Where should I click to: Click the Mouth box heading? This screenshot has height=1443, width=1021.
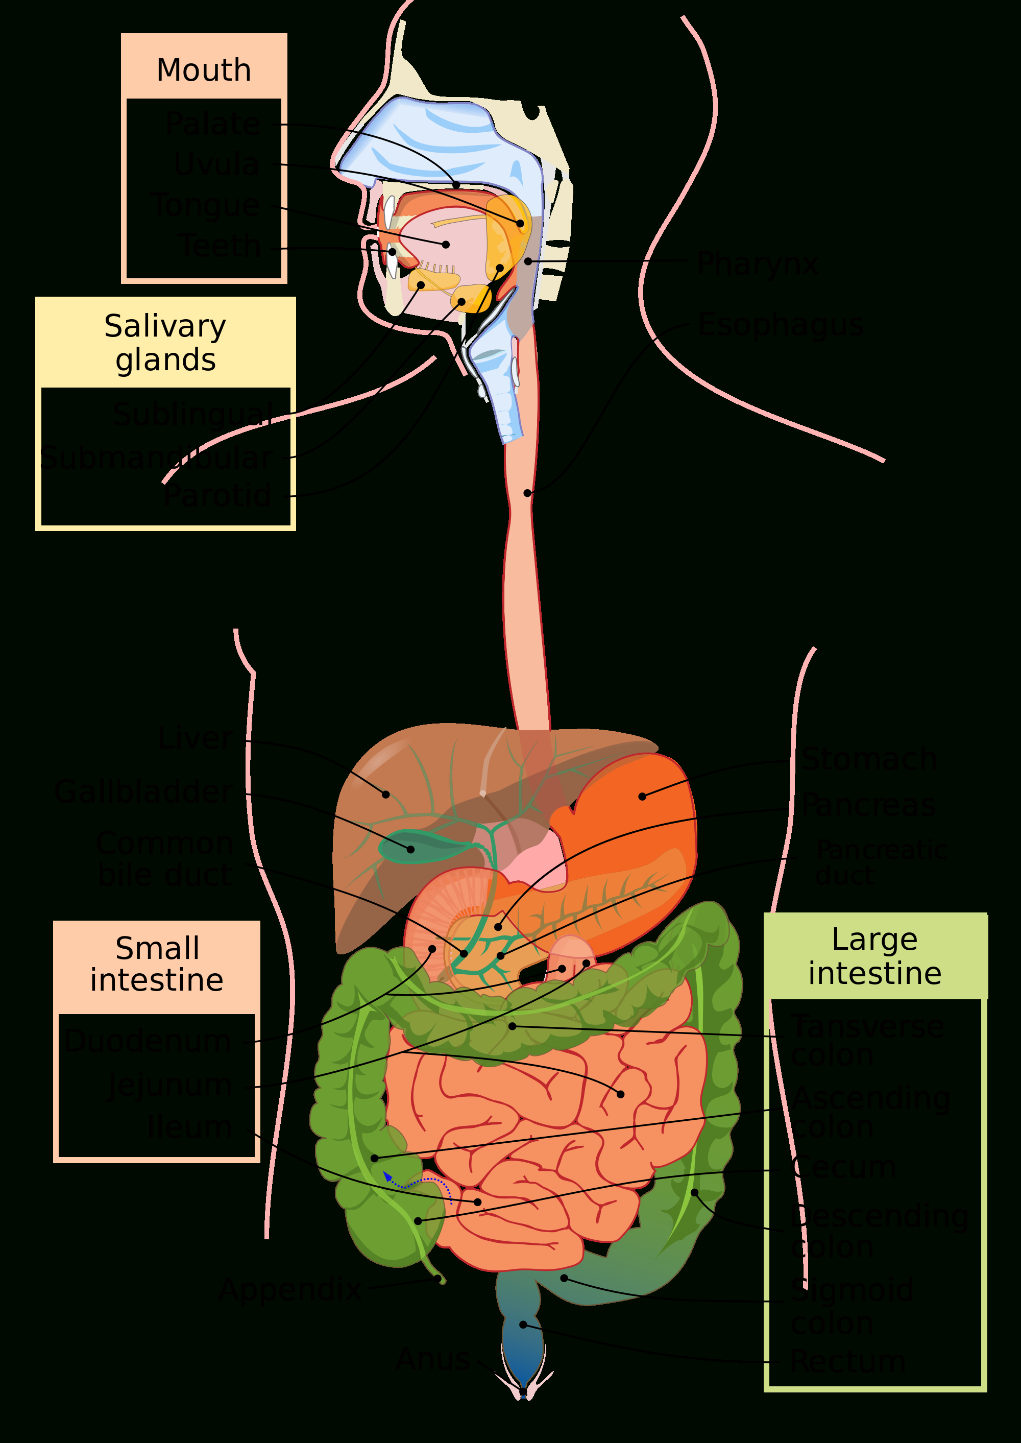point(204,70)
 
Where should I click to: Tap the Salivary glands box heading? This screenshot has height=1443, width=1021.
point(165,343)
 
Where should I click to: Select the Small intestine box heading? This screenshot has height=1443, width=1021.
point(157,964)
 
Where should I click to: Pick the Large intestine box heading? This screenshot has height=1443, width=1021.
point(874,956)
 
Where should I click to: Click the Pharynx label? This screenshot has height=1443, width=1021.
point(758,263)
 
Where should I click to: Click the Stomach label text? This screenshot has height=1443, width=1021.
point(869,759)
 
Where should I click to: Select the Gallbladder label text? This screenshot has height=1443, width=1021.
point(143,791)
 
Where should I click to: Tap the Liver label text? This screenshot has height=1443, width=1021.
point(195,737)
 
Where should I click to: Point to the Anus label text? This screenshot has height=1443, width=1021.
point(434,1359)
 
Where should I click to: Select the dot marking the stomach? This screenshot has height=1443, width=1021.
point(642,797)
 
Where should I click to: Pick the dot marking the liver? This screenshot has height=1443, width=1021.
point(386,795)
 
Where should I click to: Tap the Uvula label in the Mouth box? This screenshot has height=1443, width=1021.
point(217,164)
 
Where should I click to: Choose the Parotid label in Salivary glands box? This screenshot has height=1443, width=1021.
point(217,496)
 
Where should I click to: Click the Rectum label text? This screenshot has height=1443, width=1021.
point(847,1362)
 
